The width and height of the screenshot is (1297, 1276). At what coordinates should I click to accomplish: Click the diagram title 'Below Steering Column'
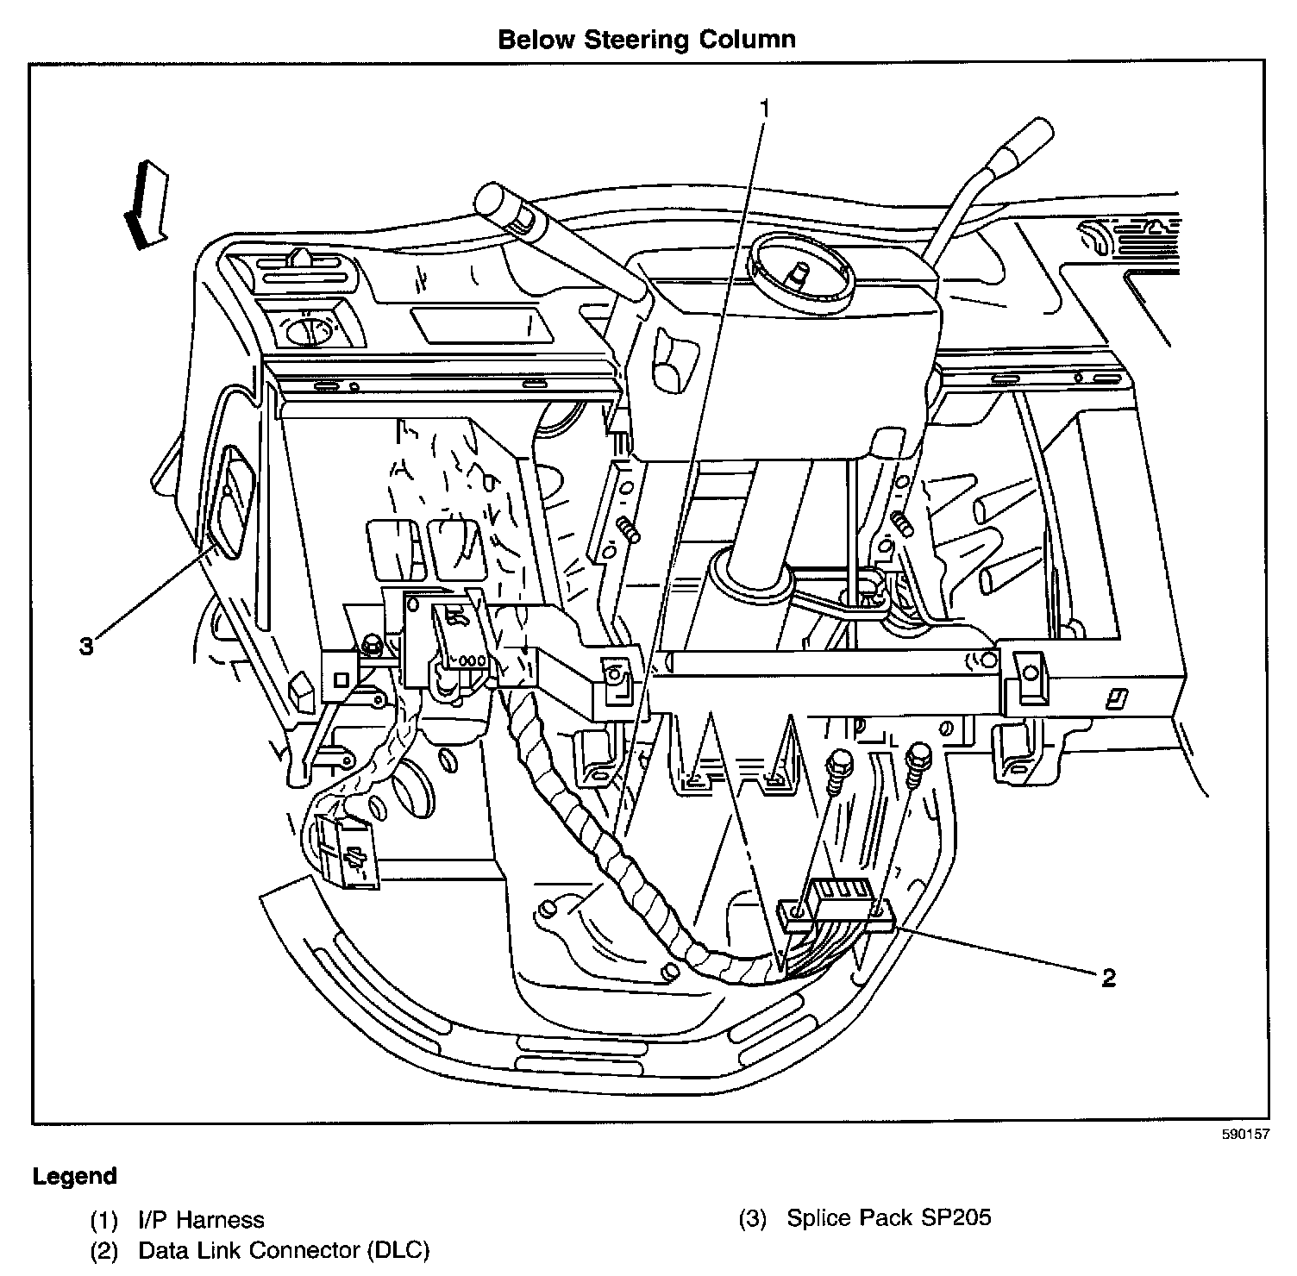click(x=647, y=39)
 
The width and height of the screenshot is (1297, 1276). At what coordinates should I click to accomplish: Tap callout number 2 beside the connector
click(x=1108, y=977)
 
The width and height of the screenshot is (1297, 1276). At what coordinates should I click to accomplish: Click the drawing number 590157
click(x=1245, y=1135)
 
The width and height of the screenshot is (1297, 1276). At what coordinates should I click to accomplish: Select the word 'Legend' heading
click(x=74, y=1176)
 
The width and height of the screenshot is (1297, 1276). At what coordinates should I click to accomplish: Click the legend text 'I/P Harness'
click(x=201, y=1219)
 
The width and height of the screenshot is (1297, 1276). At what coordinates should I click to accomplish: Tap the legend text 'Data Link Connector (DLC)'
click(x=284, y=1249)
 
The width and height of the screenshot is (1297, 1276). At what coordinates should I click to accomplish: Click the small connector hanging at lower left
click(x=348, y=850)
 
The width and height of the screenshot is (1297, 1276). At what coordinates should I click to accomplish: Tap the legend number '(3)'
click(x=753, y=1218)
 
